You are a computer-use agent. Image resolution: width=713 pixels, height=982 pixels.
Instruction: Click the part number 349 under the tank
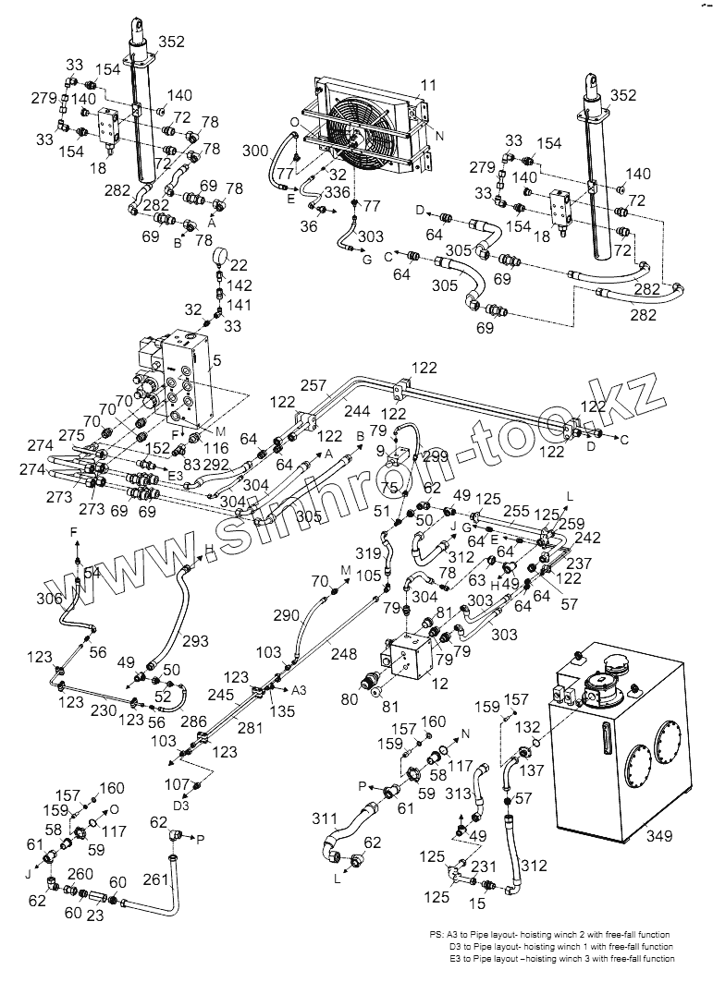click(659, 836)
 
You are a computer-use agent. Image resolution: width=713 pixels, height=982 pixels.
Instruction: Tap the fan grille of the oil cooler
click(352, 139)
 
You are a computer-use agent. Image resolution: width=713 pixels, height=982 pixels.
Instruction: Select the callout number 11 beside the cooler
click(426, 85)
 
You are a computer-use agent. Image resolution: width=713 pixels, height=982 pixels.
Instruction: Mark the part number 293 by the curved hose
click(196, 640)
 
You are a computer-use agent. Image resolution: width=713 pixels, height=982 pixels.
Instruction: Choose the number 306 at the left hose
click(48, 599)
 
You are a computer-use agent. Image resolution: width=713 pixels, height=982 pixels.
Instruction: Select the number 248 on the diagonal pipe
click(344, 654)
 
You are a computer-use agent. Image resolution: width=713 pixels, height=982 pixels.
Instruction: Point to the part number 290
click(287, 614)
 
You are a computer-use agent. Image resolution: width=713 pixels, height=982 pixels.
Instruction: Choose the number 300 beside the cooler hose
click(255, 150)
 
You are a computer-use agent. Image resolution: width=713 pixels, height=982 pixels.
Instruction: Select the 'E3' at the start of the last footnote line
click(456, 959)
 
